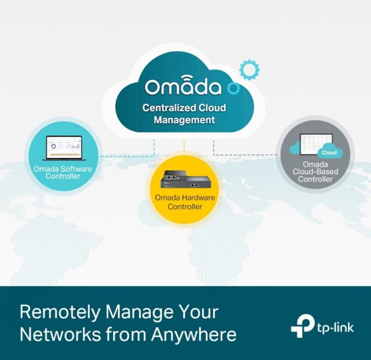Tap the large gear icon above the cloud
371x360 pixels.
(249, 69)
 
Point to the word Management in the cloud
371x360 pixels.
(184, 120)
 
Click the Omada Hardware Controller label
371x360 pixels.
(185, 202)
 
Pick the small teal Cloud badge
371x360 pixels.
(329, 153)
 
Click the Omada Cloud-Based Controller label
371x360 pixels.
(315, 172)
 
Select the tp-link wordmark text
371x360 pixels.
(335, 328)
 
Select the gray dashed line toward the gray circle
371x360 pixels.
(245, 154)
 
